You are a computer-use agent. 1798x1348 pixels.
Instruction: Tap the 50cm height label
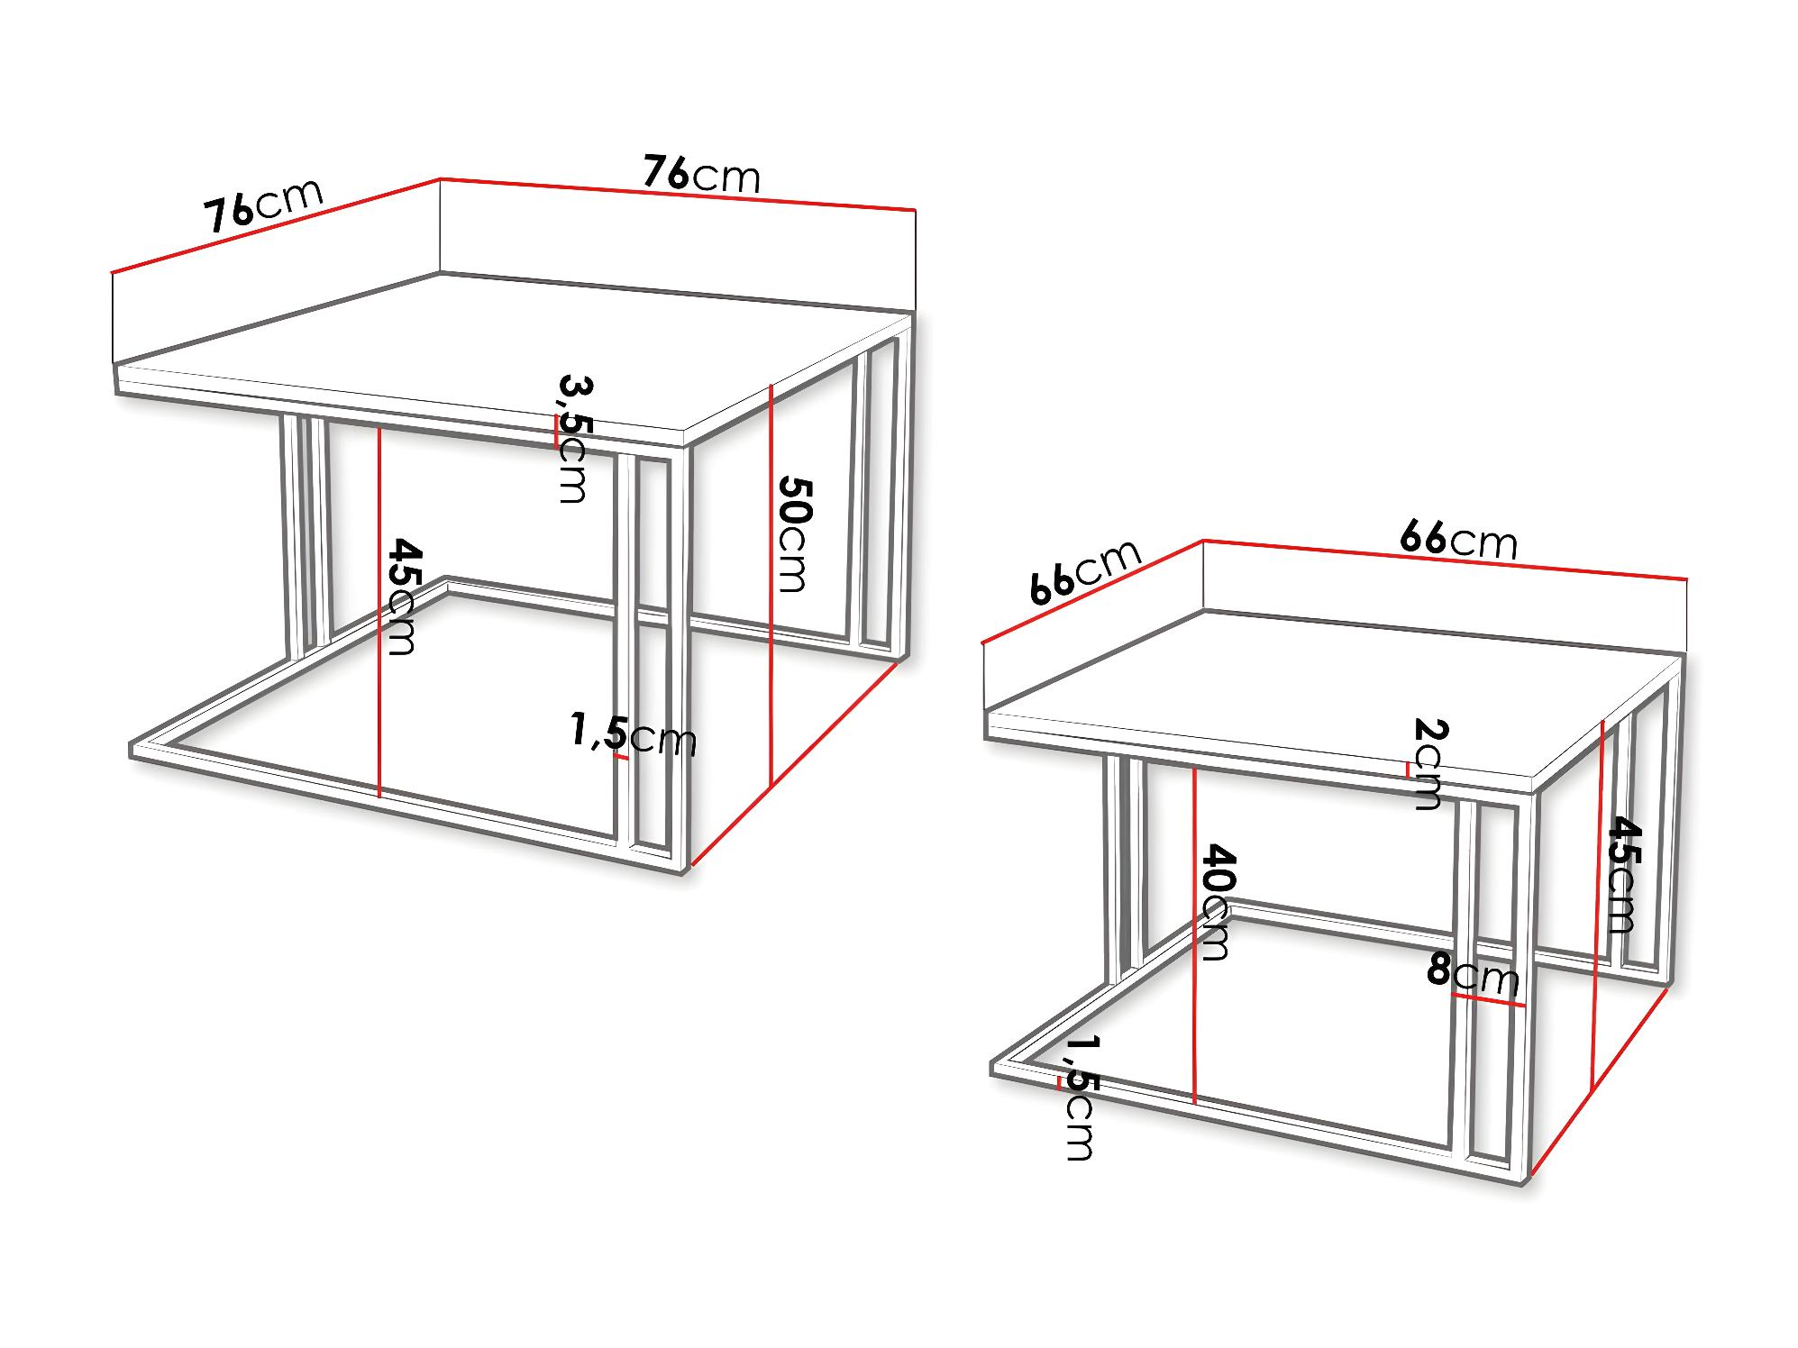(x=794, y=533)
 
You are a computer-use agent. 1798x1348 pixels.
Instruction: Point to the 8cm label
(x=1473, y=976)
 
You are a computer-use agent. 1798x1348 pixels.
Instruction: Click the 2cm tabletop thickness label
(x=1428, y=763)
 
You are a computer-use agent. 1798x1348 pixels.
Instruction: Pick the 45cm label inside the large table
(x=402, y=597)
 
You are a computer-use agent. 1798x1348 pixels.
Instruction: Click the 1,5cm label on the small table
(x=1079, y=1097)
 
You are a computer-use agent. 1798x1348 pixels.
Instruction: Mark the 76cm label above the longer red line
(x=702, y=174)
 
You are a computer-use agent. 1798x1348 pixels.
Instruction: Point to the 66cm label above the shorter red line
(x=1087, y=572)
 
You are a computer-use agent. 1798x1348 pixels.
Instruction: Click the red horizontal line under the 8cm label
(x=1489, y=1000)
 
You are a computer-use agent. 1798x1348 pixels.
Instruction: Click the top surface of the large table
(x=509, y=357)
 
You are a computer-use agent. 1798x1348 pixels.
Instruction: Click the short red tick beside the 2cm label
(x=1407, y=769)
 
